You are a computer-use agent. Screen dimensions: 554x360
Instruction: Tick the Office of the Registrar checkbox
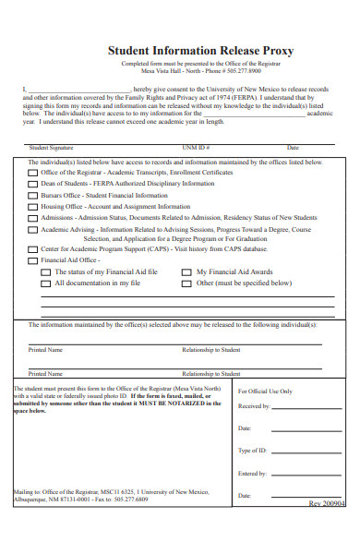click(x=32, y=173)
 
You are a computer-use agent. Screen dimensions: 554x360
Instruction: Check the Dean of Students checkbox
click(x=32, y=185)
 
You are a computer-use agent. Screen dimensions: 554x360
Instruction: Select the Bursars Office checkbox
click(x=32, y=197)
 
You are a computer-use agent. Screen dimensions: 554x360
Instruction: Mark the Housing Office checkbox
click(x=32, y=208)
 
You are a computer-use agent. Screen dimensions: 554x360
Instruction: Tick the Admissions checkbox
click(x=32, y=219)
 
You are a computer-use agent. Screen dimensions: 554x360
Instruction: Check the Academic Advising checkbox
click(x=32, y=230)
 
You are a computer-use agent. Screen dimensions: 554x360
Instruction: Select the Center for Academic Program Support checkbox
click(x=32, y=249)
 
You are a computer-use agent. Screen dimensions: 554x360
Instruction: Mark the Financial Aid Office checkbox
click(x=32, y=260)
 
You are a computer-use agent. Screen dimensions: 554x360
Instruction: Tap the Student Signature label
click(x=51, y=148)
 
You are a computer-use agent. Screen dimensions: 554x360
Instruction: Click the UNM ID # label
click(x=197, y=148)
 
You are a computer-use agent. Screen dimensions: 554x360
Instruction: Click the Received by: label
click(x=254, y=406)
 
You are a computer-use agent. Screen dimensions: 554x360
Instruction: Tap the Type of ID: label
click(x=253, y=451)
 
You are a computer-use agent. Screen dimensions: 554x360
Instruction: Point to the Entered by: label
click(x=252, y=474)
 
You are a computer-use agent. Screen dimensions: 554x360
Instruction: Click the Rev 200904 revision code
click(x=327, y=504)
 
